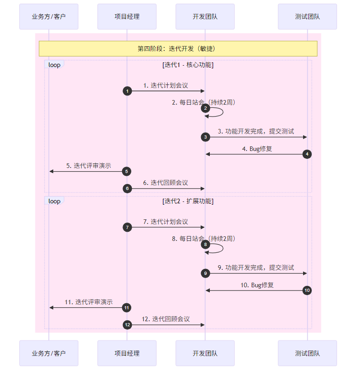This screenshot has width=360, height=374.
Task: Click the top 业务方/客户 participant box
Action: [x=49, y=17]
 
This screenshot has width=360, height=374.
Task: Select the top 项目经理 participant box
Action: [x=127, y=17]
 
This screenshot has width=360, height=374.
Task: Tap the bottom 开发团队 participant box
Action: [x=205, y=353]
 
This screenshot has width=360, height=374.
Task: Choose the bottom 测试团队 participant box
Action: [x=307, y=353]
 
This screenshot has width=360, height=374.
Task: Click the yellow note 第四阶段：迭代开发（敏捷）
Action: [x=178, y=49]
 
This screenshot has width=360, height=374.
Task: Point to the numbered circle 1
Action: [x=127, y=91]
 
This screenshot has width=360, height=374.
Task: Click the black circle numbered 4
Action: [x=307, y=154]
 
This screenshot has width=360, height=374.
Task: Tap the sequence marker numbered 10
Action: [x=307, y=290]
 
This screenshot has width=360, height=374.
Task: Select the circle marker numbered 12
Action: [x=127, y=325]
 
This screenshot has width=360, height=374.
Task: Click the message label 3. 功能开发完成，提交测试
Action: [x=256, y=131]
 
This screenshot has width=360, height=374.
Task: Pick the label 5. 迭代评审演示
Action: [x=89, y=166]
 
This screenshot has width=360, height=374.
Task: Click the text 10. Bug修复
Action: [x=257, y=285]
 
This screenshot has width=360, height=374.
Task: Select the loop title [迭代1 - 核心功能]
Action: [x=188, y=65]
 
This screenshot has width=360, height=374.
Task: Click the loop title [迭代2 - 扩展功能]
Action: [x=188, y=201]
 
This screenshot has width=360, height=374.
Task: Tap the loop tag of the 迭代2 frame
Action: [x=54, y=201]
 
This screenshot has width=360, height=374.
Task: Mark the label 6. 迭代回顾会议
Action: [x=166, y=183]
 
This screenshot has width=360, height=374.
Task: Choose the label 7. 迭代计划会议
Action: [x=166, y=222]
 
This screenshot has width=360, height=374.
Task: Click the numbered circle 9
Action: [x=205, y=274]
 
